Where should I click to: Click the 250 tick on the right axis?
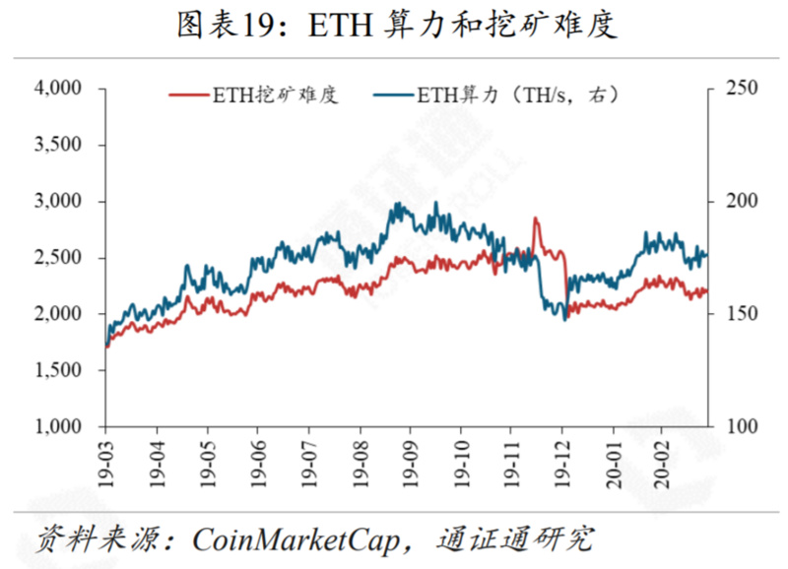point(742,89)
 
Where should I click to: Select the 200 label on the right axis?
point(742,202)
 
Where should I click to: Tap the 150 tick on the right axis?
point(742,314)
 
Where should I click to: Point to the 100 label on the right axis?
point(742,427)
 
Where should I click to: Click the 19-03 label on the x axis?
point(105,460)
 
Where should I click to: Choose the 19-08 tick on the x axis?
point(359,460)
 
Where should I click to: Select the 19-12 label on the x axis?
point(561,460)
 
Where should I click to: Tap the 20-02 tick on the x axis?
point(663,460)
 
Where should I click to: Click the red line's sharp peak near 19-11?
point(535,219)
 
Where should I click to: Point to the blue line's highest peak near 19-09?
point(397,204)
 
